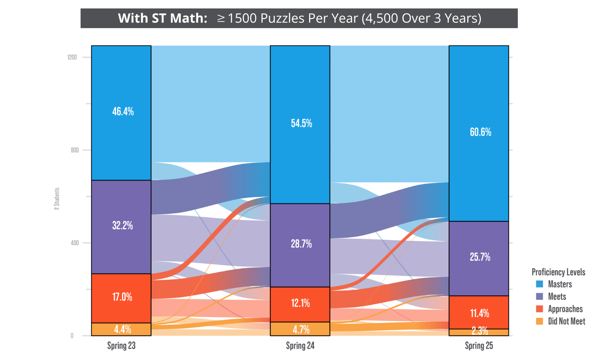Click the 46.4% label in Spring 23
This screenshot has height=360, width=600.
click(123, 112)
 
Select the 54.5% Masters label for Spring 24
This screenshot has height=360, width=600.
click(301, 123)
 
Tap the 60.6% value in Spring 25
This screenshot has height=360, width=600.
click(480, 132)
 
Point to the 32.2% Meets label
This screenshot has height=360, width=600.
click(122, 225)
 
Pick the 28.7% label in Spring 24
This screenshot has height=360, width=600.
click(301, 244)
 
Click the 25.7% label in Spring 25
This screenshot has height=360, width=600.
click(480, 257)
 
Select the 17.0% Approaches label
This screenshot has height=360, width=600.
click(122, 297)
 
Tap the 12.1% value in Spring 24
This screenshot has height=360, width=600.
click(301, 303)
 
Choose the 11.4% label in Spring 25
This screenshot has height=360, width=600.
click(479, 313)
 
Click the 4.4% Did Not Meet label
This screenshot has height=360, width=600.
click(122, 329)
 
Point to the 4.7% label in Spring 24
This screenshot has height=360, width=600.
click(301, 329)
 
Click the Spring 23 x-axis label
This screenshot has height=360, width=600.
click(121, 346)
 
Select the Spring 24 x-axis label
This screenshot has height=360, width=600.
click(300, 346)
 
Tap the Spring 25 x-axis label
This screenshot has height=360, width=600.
click(479, 346)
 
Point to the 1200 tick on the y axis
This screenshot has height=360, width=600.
click(72, 57)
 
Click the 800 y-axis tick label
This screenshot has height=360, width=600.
click(74, 150)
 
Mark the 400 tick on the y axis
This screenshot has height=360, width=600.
click(74, 243)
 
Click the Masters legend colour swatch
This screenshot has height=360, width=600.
click(539, 284)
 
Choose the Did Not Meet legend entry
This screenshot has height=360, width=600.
click(566, 321)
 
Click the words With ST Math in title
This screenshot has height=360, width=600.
click(163, 18)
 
